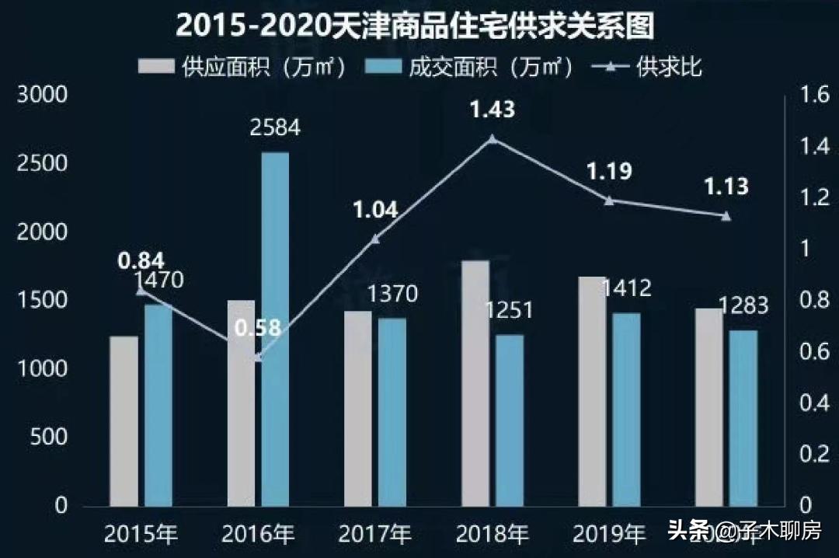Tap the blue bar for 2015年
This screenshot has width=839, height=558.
[x=158, y=405]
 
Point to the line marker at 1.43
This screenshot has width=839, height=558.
[x=492, y=140]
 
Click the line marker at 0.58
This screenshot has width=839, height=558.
[x=258, y=358]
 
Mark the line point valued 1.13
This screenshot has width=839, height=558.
[x=726, y=216]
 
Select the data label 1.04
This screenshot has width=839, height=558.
[x=375, y=210]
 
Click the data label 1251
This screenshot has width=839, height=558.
[x=510, y=310]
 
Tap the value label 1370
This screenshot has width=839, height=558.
[x=392, y=295]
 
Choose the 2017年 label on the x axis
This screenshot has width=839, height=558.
[x=375, y=535]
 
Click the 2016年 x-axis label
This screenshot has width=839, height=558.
[x=258, y=535]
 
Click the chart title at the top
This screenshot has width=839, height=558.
[x=415, y=25]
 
